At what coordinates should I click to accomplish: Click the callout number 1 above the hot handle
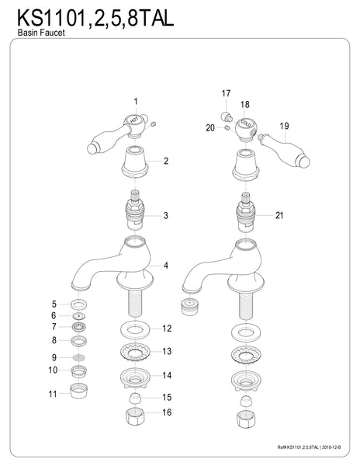click(136, 102)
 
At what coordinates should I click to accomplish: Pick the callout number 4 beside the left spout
click(165, 266)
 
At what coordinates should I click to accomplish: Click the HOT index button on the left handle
click(133, 121)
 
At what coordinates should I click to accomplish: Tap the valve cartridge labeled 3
click(135, 212)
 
